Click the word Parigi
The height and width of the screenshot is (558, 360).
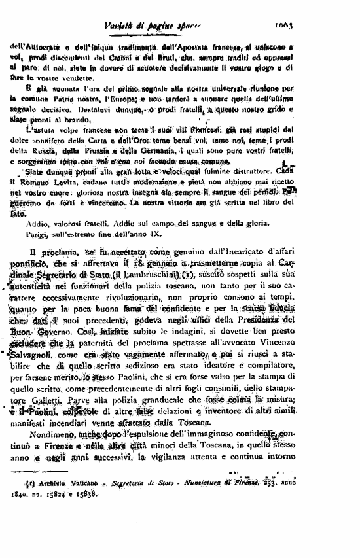(40, 232)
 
